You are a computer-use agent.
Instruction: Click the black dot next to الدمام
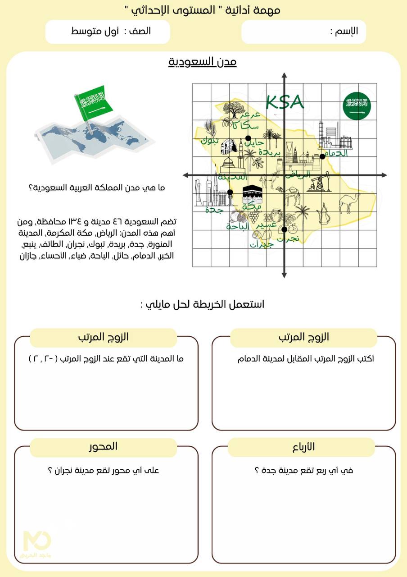click(x=322, y=156)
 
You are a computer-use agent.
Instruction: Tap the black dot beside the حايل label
click(x=248, y=138)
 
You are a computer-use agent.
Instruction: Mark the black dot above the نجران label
click(x=284, y=229)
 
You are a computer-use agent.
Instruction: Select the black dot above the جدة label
click(x=230, y=192)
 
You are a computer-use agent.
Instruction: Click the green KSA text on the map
click(x=285, y=102)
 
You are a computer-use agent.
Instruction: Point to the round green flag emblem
click(x=357, y=106)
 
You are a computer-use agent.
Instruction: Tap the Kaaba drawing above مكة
click(x=251, y=194)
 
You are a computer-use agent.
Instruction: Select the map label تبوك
click(x=210, y=140)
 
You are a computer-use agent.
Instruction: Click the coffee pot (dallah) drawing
click(x=323, y=214)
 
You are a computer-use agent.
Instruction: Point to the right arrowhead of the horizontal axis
click(x=384, y=175)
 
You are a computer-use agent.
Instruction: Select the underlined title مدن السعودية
click(x=203, y=62)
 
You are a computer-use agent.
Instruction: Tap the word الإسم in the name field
click(x=348, y=31)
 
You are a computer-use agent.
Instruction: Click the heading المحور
click(x=103, y=446)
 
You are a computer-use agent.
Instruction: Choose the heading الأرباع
click(x=301, y=446)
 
